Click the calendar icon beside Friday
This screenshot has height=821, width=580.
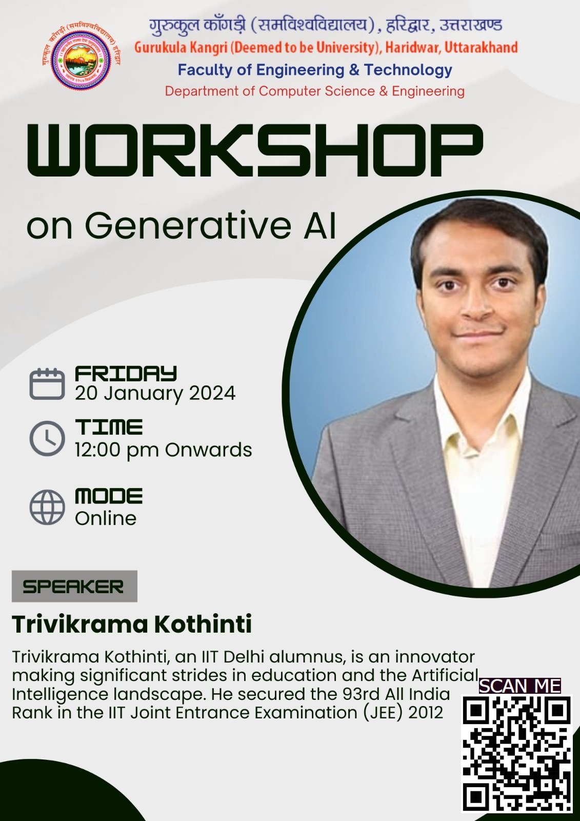point(47,384)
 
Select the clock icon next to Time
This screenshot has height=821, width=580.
point(47,438)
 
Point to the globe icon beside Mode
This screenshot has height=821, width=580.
point(47,507)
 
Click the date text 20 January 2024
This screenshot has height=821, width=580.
point(155,394)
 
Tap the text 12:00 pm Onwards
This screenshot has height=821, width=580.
point(164,449)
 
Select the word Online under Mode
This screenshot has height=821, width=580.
point(106,518)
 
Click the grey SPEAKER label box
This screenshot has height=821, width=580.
point(74,586)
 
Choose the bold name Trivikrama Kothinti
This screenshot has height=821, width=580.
point(132,624)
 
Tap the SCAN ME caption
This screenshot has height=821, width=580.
point(520,686)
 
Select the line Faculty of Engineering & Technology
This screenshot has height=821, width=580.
point(315,70)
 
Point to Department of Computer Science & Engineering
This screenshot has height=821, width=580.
point(315,91)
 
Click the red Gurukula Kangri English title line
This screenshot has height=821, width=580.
point(326,48)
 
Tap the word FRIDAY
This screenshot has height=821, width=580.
point(126,374)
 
